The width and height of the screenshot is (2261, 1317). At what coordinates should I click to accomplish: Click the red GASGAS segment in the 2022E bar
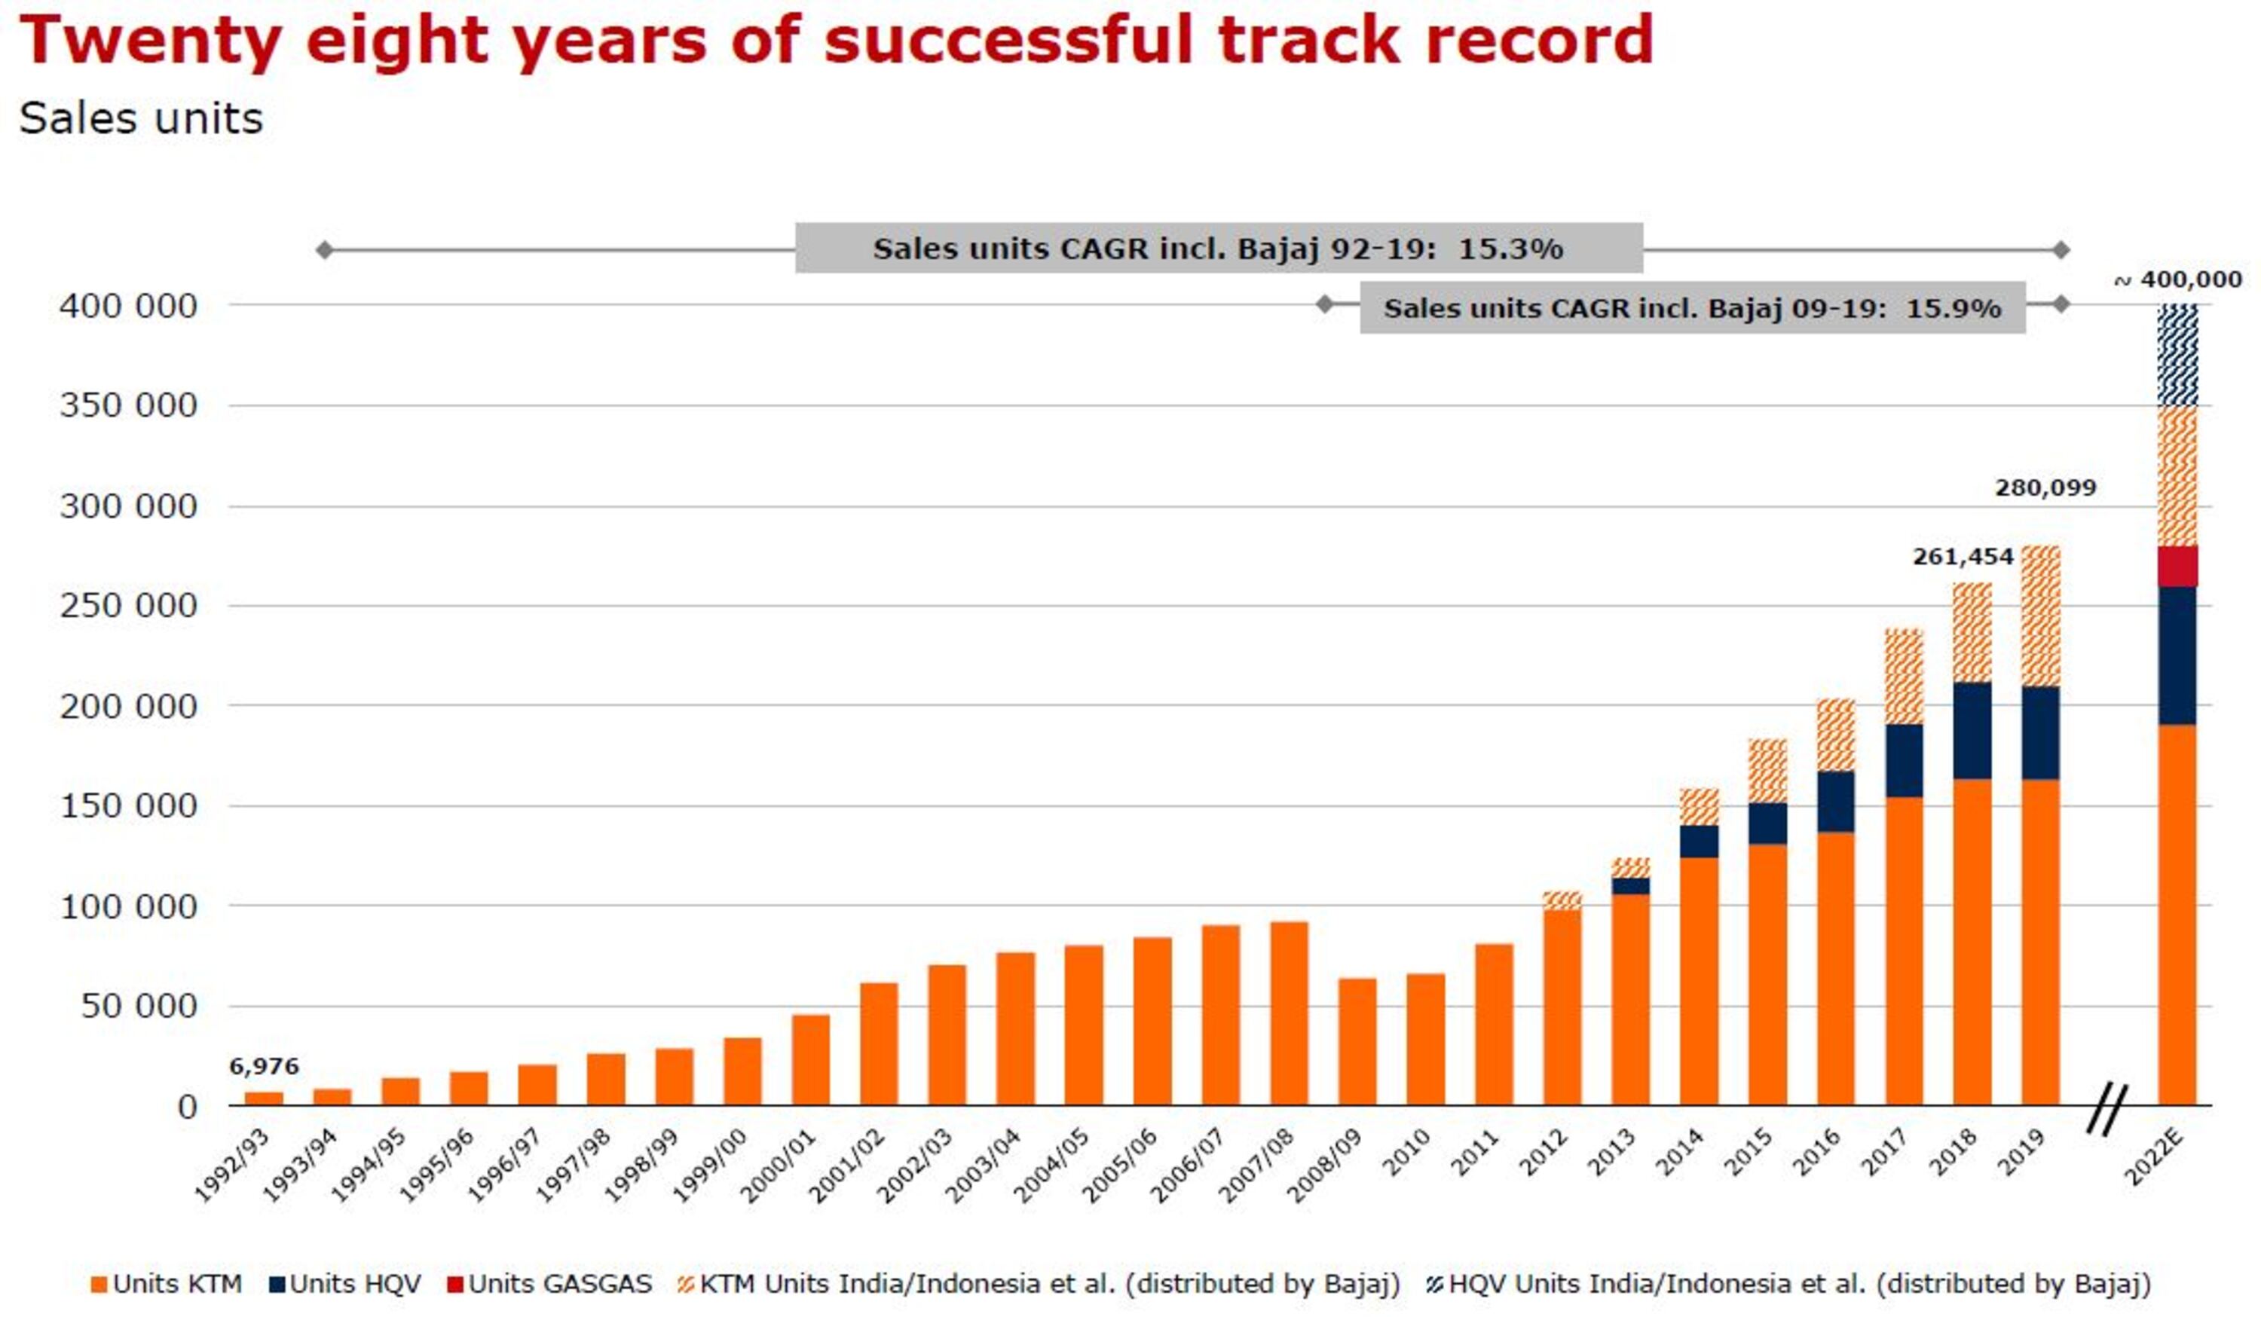pos(2177,566)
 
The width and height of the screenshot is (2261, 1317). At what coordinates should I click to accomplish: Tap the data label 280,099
pos(2045,488)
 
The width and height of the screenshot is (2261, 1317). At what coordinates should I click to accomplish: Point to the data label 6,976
pos(264,1066)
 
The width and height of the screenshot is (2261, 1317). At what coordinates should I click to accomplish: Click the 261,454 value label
pos(1963,557)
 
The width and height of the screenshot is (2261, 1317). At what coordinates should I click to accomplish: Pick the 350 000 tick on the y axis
pos(127,405)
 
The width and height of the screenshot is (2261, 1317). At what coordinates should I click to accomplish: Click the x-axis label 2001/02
pos(846,1166)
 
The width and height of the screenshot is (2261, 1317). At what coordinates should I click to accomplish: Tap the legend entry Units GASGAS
pos(550,1284)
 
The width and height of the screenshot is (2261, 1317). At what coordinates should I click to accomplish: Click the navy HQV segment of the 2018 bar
pos(1972,730)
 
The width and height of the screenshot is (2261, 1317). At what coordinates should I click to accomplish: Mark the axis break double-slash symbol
pos(2106,1109)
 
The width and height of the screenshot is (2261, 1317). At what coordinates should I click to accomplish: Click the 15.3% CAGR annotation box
pos(1219,249)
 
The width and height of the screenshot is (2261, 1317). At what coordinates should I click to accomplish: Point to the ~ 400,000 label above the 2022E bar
pos(2178,280)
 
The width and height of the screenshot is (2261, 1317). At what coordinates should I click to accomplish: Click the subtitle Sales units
pos(141,118)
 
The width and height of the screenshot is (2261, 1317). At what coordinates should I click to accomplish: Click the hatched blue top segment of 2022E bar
pos(2177,356)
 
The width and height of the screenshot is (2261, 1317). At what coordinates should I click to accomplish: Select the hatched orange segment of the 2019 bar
pos(2041,616)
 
